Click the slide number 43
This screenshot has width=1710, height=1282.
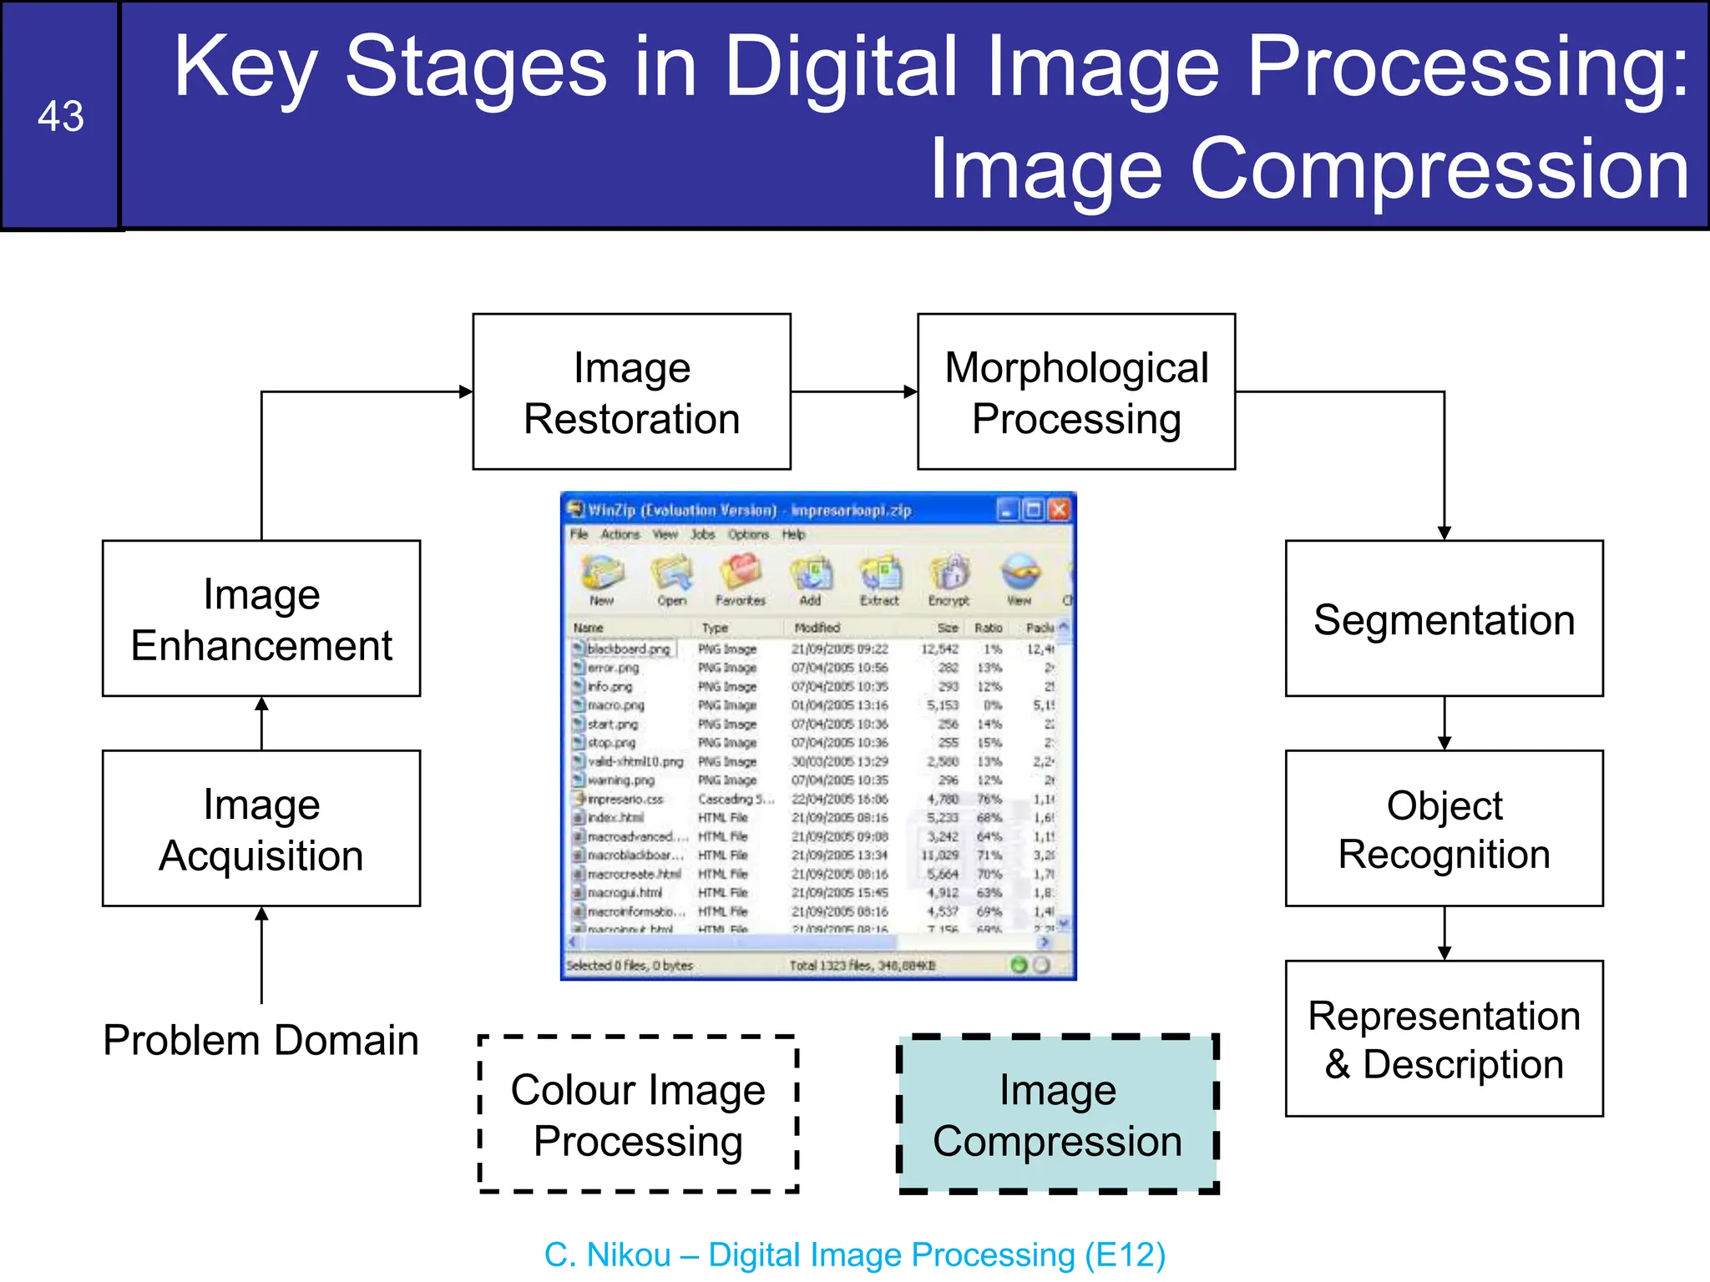(60, 116)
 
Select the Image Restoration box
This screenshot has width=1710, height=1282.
(631, 392)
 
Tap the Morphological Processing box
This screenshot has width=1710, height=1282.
(1075, 392)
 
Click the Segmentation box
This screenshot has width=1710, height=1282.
(1444, 618)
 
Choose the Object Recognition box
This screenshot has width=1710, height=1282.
(1444, 828)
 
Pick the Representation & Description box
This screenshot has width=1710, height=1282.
(1444, 1038)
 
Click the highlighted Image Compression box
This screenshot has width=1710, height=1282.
(1057, 1114)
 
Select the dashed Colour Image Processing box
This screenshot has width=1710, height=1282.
(638, 1114)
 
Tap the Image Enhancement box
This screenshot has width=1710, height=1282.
(261, 618)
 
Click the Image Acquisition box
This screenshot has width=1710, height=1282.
(261, 828)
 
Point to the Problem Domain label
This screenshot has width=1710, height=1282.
(261, 1040)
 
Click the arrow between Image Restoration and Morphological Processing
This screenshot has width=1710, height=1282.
(853, 391)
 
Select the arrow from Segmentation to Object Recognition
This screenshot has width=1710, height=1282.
(1444, 723)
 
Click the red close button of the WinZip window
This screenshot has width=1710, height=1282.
(1059, 509)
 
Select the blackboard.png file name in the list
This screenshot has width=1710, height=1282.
(628, 649)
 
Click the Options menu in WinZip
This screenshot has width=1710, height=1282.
(747, 534)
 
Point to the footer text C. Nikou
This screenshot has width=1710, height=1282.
(607, 1254)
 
